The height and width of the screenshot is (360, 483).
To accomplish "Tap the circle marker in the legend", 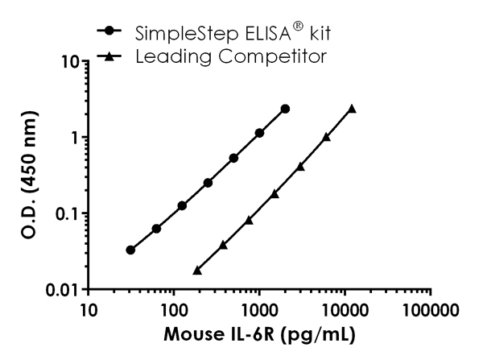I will click(x=109, y=33).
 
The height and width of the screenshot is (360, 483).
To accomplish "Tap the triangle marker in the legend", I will click(x=109, y=57).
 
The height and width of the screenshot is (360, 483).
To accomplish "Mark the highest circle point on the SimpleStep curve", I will click(x=285, y=109).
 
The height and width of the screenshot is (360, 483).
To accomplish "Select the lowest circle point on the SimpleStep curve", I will click(x=130, y=250).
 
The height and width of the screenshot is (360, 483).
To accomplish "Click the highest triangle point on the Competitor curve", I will click(x=352, y=108).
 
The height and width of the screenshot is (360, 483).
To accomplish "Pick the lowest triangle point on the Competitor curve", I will click(x=197, y=271).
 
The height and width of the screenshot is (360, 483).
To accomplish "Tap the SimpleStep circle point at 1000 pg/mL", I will click(x=259, y=133).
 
